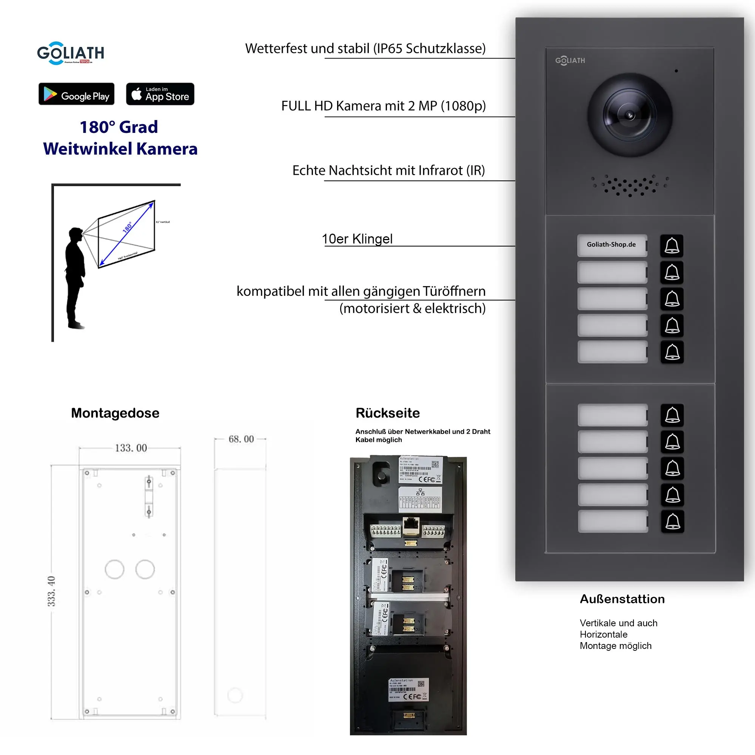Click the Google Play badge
click(x=76, y=94)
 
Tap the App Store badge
click(x=160, y=94)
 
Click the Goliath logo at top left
click(x=70, y=53)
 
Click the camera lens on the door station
click(x=630, y=115)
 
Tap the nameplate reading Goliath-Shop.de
click(x=612, y=245)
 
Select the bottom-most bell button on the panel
click(x=672, y=521)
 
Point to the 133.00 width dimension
click(x=131, y=448)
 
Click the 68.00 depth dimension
click(x=241, y=439)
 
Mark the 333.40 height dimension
click(x=51, y=591)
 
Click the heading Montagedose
click(x=115, y=413)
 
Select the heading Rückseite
click(x=387, y=413)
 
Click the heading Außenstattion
click(x=622, y=599)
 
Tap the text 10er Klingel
click(x=357, y=239)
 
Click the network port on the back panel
click(x=411, y=525)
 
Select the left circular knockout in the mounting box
click(x=114, y=569)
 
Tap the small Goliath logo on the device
click(x=570, y=60)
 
